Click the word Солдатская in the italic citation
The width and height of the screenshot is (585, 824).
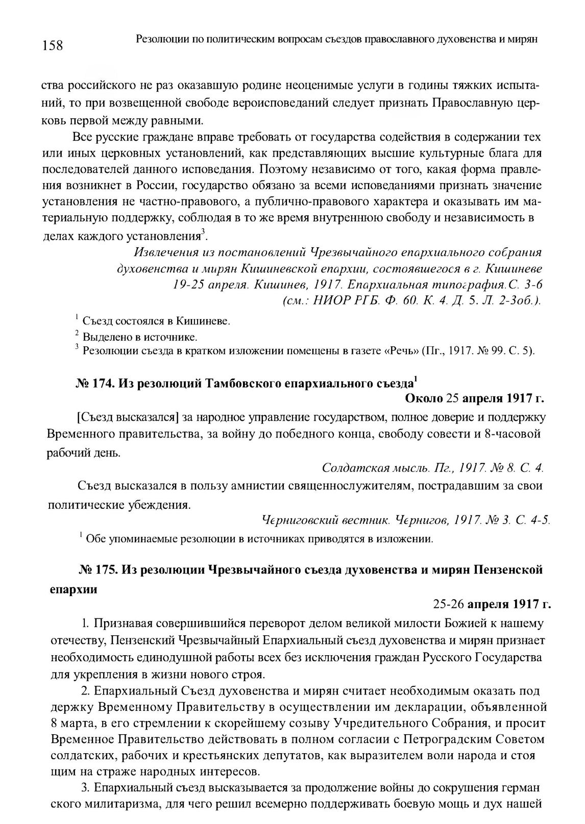[350, 468]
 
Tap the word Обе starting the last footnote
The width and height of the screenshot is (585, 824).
[95, 538]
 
